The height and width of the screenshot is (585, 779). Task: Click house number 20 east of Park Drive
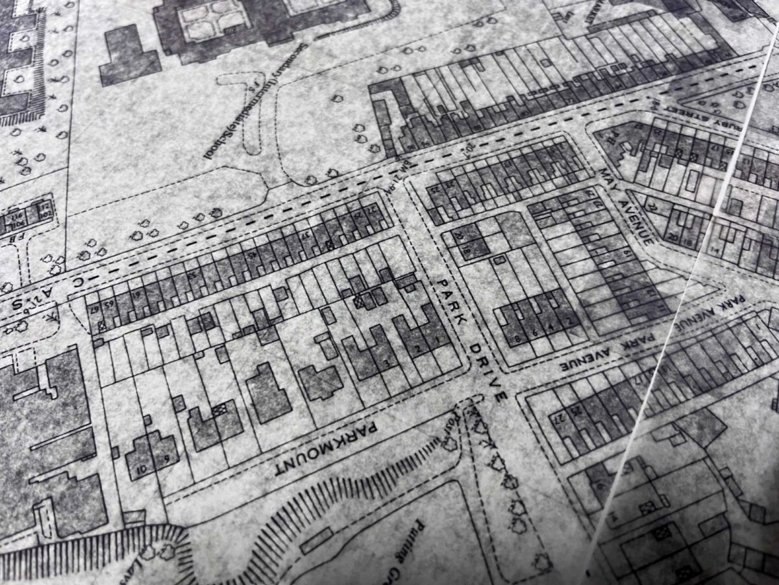[459, 237]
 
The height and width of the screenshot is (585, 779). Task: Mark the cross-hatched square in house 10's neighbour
[219, 409]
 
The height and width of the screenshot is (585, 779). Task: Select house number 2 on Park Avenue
[570, 321]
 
